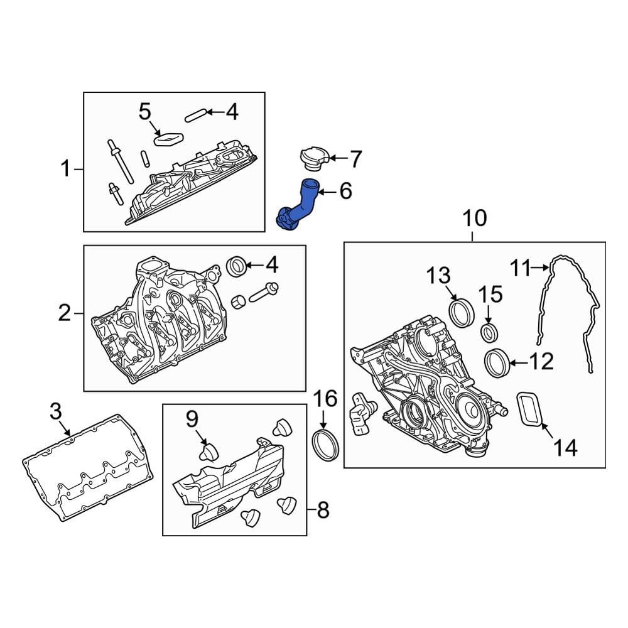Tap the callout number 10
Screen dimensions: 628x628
tap(475, 219)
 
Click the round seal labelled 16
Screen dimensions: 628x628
tap(325, 445)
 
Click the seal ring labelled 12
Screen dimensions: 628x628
tap(497, 362)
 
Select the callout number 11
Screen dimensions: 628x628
tap(520, 268)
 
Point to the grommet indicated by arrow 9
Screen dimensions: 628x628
tap(208, 453)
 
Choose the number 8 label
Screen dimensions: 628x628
tap(322, 510)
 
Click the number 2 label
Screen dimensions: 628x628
tap(65, 313)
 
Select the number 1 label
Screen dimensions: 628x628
tap(66, 168)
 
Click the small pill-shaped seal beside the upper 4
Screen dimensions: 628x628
tap(195, 116)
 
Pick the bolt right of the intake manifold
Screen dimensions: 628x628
tap(264, 293)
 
